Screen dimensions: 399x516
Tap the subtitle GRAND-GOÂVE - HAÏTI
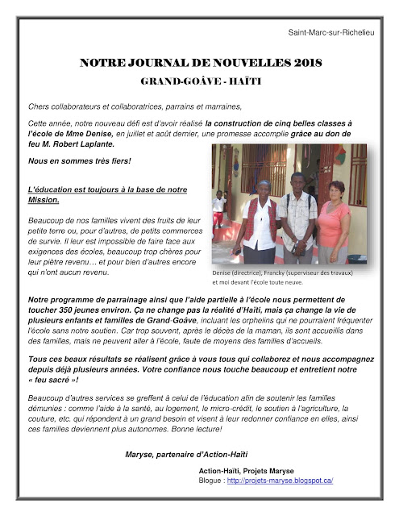click(x=200, y=82)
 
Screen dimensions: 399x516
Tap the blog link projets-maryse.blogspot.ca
click(x=280, y=481)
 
